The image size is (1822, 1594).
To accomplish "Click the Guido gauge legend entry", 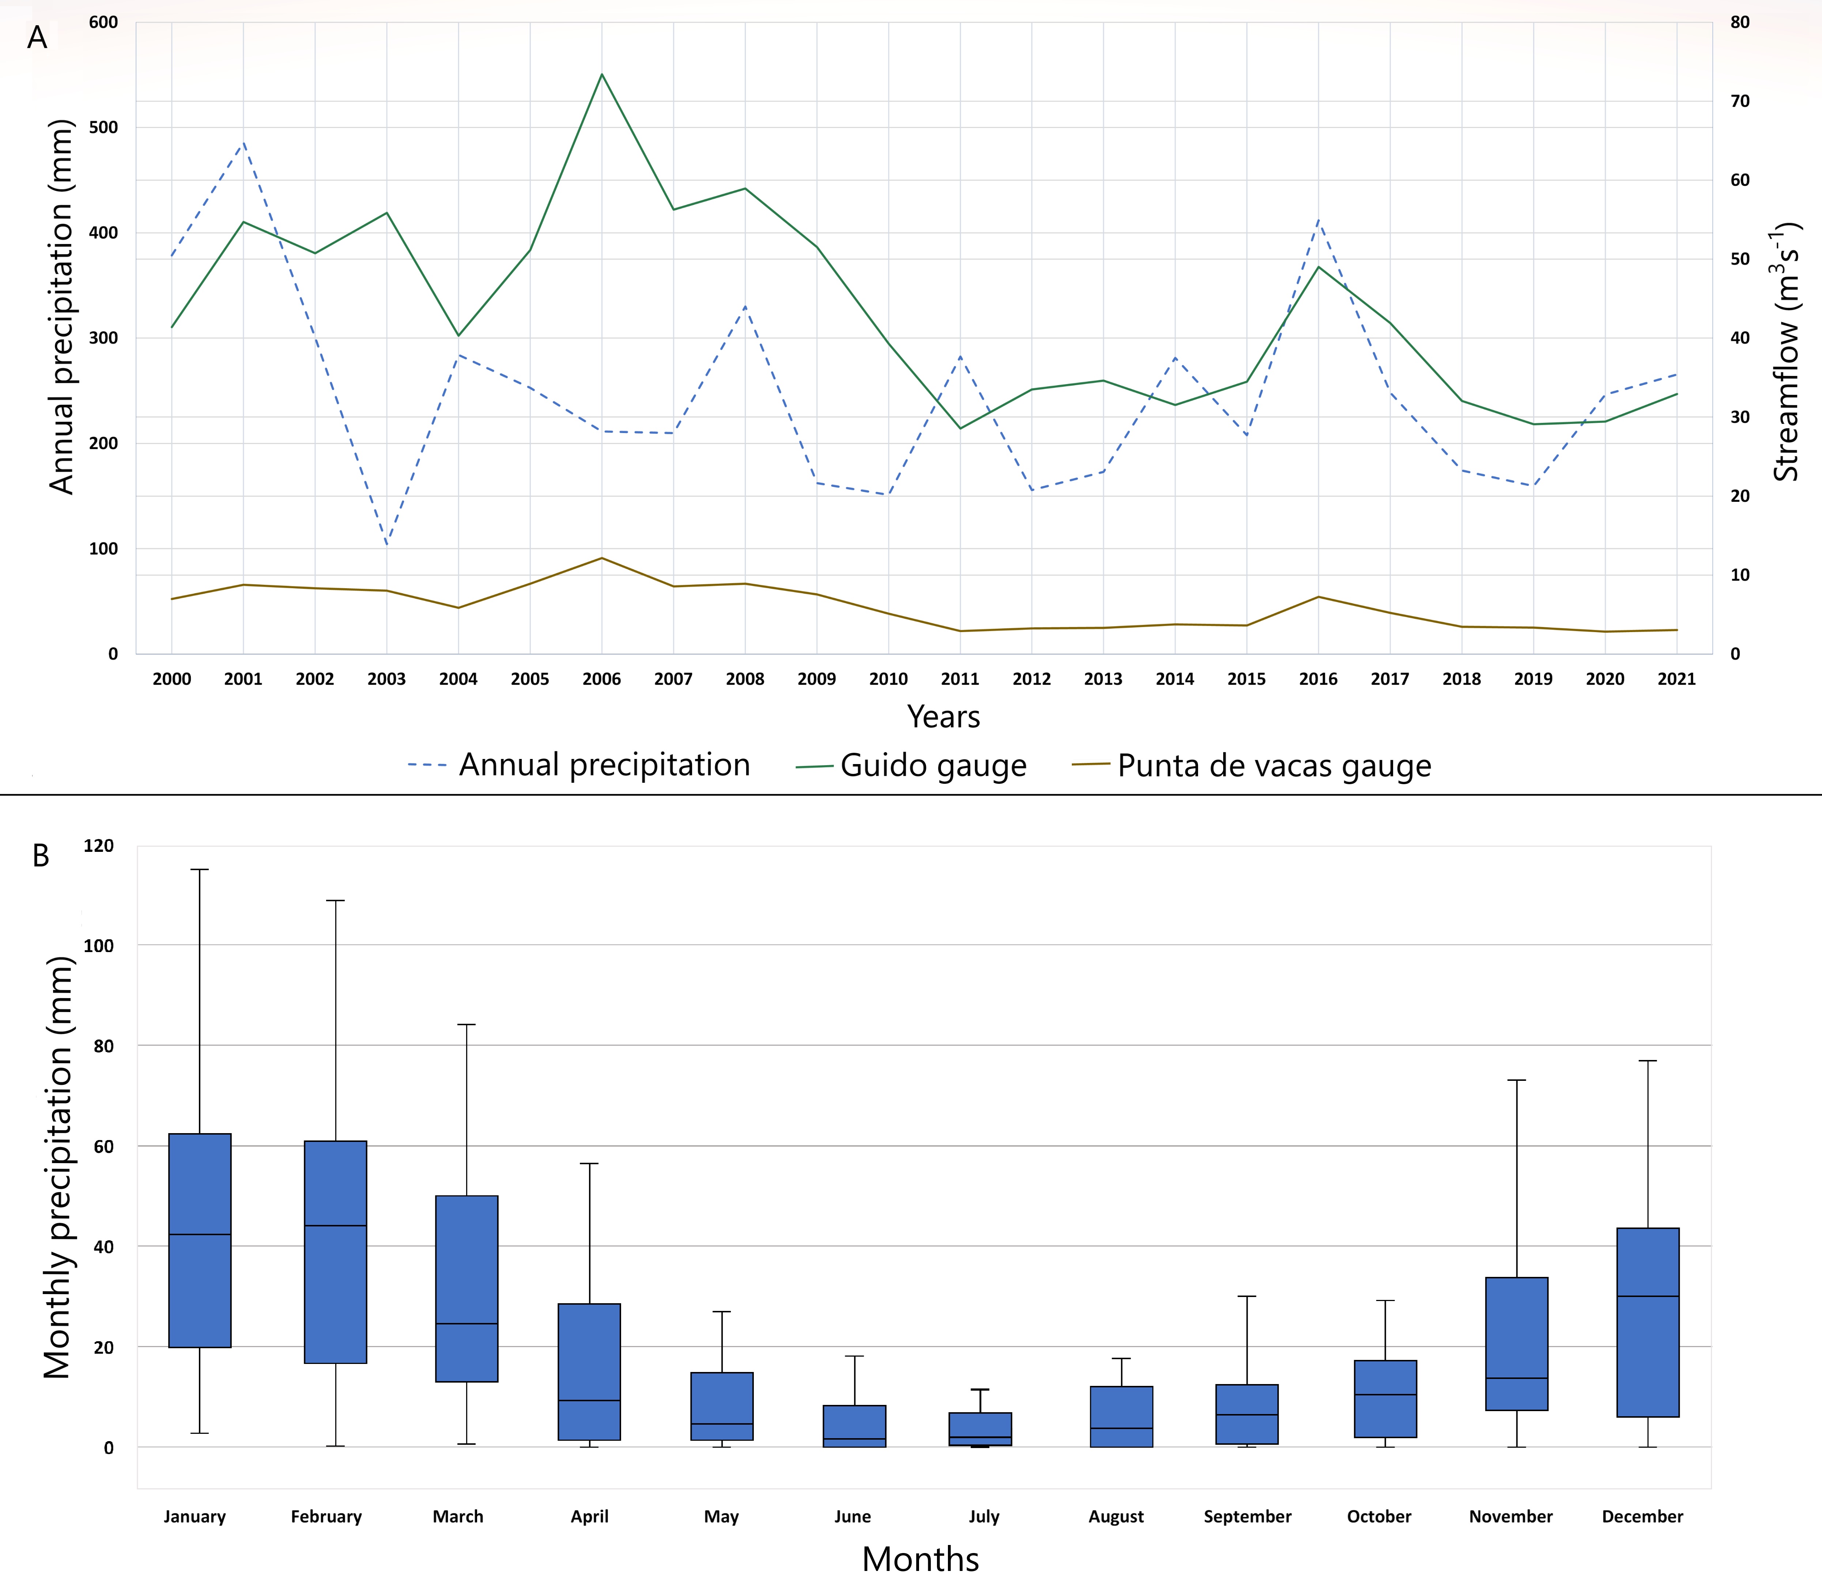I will [911, 765].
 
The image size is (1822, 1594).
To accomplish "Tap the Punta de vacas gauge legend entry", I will [1252, 765].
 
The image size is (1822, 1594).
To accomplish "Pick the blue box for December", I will [1648, 1322].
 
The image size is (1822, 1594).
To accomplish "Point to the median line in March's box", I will [467, 1324].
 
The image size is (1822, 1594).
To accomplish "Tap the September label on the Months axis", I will [1247, 1516].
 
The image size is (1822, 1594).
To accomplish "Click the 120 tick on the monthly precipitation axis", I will [99, 846].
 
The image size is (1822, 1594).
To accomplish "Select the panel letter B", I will [41, 856].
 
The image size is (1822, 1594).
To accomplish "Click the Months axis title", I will [921, 1559].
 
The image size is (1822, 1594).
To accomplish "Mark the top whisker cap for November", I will [1516, 1080].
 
